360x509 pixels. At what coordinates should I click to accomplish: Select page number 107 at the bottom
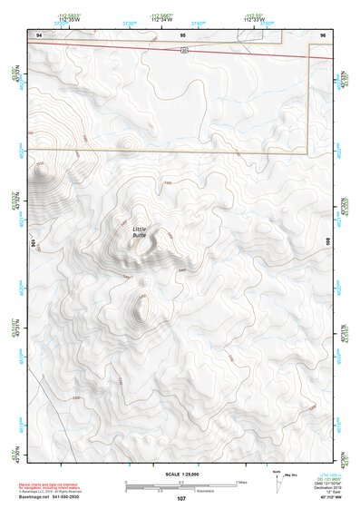pyautogui.click(x=181, y=499)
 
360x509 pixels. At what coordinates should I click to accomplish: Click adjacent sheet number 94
pyautogui.click(x=38, y=34)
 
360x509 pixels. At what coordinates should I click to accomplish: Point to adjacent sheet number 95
pyautogui.click(x=183, y=34)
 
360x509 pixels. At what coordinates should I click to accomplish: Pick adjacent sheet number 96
pyautogui.click(x=324, y=34)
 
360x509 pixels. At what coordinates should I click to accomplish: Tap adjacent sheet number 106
pyautogui.click(x=32, y=243)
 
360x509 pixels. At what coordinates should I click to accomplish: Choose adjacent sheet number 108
pyautogui.click(x=327, y=243)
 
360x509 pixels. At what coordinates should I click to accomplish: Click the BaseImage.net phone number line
pyautogui.click(x=50, y=498)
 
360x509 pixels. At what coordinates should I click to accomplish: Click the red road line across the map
pyautogui.click(x=109, y=47)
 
